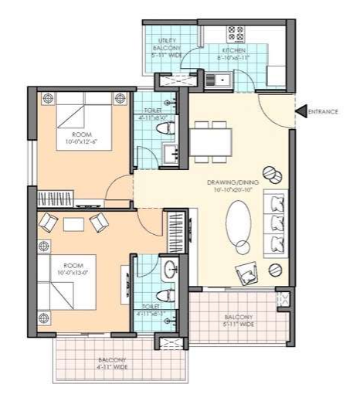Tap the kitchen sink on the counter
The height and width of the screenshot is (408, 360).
tap(216, 78)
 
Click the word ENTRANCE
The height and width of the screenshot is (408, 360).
tap(324, 112)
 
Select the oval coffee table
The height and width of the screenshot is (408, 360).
tap(240, 223)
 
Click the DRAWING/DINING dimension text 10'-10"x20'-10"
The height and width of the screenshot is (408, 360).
tap(225, 189)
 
